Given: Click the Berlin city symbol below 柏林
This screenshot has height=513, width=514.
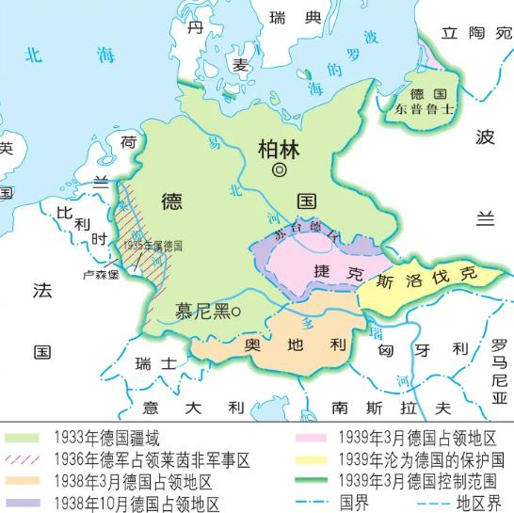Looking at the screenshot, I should tap(279, 169).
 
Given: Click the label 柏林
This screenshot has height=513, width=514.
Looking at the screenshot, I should tap(280, 148).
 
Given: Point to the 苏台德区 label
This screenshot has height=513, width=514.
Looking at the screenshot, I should tap(297, 232).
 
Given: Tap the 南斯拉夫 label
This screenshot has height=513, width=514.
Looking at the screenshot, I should tap(392, 408).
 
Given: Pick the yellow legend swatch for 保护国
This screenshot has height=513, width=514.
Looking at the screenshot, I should tap(310, 458).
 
